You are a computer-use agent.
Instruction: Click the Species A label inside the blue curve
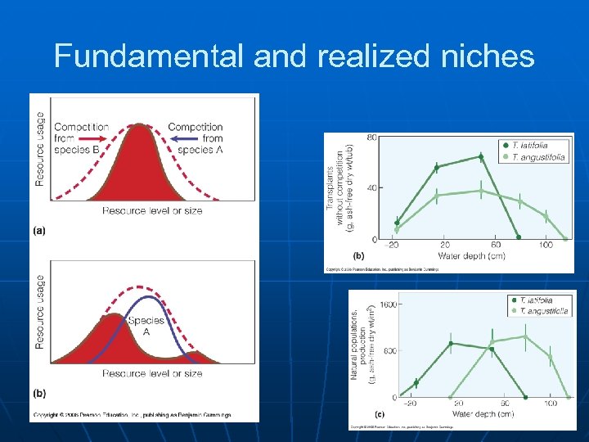(x=145, y=327)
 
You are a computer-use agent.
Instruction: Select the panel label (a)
(x=38, y=231)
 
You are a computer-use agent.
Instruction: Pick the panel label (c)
(x=380, y=414)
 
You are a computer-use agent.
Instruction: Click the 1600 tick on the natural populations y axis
(x=387, y=304)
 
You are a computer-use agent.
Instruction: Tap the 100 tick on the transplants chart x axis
(x=545, y=246)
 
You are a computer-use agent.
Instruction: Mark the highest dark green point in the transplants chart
(x=481, y=156)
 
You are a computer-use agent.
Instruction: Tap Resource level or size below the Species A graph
(x=152, y=373)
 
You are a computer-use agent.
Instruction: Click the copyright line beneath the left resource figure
(x=131, y=415)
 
